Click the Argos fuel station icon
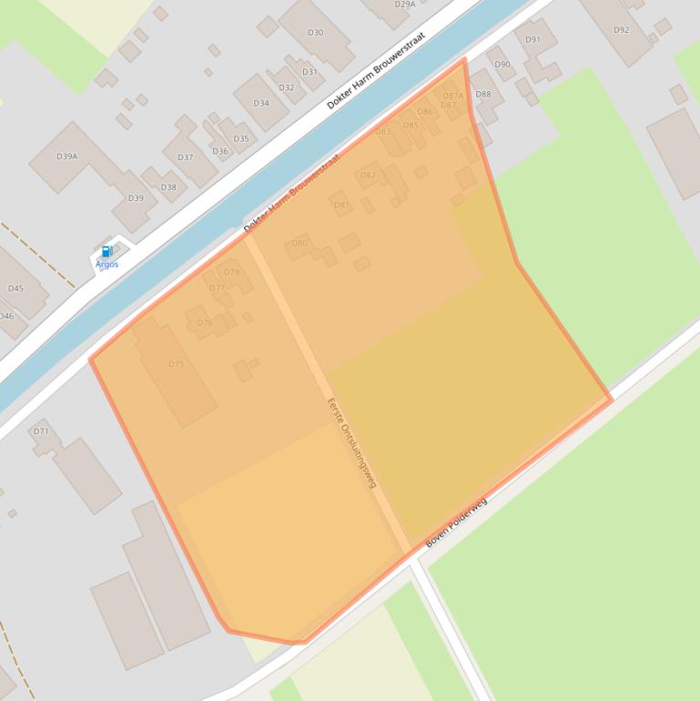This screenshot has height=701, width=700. (107, 251)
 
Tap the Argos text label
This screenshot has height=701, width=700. (107, 264)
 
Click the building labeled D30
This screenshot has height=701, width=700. (315, 33)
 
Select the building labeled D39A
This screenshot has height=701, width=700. (66, 157)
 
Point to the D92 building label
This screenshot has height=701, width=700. (621, 30)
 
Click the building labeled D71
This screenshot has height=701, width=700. (41, 431)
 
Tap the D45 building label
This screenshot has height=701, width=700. (15, 289)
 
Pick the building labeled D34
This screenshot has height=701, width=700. (261, 103)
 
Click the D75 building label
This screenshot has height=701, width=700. (176, 364)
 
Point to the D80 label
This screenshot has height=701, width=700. (299, 243)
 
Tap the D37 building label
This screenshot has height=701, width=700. (185, 157)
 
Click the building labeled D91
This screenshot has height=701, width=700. (533, 39)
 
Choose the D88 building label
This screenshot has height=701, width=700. (482, 94)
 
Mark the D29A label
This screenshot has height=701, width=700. (405, 5)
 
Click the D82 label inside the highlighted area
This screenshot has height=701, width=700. (368, 176)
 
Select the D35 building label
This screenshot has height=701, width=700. (241, 139)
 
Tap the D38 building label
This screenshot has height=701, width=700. (168, 188)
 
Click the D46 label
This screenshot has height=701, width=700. (6, 316)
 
